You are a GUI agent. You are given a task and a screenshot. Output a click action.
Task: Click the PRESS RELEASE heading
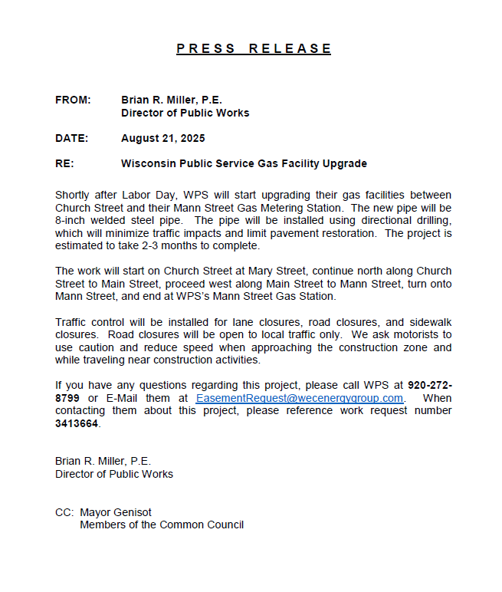pyautogui.click(x=254, y=49)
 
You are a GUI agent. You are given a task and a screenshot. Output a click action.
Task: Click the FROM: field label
pyautogui.click(x=73, y=100)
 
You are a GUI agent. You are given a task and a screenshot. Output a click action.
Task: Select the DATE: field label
pyautogui.click(x=72, y=139)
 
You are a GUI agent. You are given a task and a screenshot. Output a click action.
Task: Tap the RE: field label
pyautogui.click(x=64, y=163)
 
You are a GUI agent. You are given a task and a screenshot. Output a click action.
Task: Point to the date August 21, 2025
pyautogui.click(x=163, y=139)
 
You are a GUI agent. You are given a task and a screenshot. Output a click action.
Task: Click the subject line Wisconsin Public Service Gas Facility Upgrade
pyautogui.click(x=244, y=163)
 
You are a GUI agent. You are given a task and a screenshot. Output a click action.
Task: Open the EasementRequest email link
pyautogui.click(x=299, y=398)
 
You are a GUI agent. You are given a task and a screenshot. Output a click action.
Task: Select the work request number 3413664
pyautogui.click(x=77, y=424)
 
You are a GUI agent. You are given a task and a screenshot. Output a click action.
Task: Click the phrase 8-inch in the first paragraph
pyautogui.click(x=71, y=220)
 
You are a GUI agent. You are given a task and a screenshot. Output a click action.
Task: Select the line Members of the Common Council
pyautogui.click(x=162, y=525)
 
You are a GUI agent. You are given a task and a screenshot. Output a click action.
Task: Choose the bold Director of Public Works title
pyautogui.click(x=185, y=113)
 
